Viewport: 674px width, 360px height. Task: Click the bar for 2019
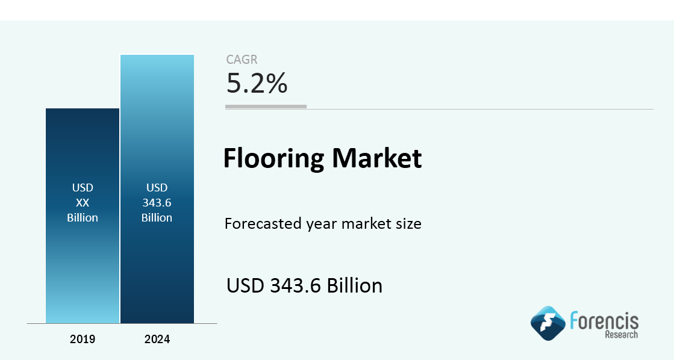pyautogui.click(x=83, y=216)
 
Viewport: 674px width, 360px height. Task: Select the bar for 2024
pyautogui.click(x=157, y=189)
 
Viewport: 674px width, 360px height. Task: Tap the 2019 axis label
pyautogui.click(x=83, y=339)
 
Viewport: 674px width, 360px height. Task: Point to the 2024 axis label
pyautogui.click(x=157, y=339)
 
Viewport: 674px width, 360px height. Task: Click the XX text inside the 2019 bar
pyautogui.click(x=83, y=203)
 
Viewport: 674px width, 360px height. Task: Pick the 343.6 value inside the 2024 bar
pyautogui.click(x=157, y=203)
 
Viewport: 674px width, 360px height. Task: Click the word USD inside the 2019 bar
pyautogui.click(x=83, y=188)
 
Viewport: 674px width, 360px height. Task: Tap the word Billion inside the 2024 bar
pyautogui.click(x=157, y=218)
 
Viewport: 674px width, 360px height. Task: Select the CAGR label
pyautogui.click(x=242, y=60)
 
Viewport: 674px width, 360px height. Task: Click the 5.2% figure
pyautogui.click(x=257, y=83)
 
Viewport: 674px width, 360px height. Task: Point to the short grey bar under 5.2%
pyautogui.click(x=266, y=107)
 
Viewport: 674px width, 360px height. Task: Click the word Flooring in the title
pyautogui.click(x=274, y=158)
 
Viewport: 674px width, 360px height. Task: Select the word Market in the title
pyautogui.click(x=377, y=158)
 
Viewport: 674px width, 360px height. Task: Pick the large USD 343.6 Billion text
pyautogui.click(x=304, y=286)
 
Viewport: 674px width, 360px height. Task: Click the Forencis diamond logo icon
pyautogui.click(x=548, y=323)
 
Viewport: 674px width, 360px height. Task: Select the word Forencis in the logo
pyautogui.click(x=604, y=320)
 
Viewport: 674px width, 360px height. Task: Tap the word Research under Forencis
pyautogui.click(x=622, y=334)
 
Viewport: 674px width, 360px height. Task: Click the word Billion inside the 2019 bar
pyautogui.click(x=83, y=218)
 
